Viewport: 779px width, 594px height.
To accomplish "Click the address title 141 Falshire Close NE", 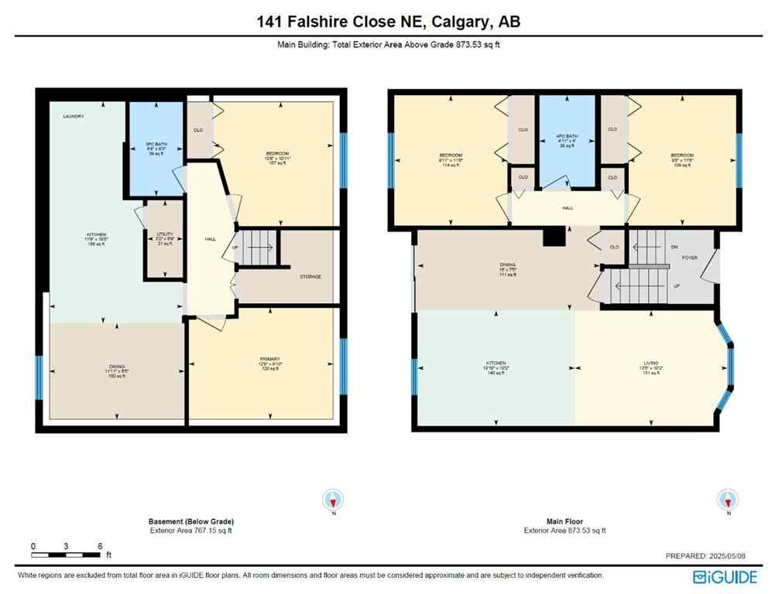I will coord(389,22).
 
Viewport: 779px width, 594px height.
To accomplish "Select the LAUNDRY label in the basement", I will coord(74,116).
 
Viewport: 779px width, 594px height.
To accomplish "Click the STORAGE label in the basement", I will coord(310,276).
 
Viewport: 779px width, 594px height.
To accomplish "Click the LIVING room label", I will coord(650,363).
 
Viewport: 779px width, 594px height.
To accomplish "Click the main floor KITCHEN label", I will coord(496,363).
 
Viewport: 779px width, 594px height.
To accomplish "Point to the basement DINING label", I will coord(116,367).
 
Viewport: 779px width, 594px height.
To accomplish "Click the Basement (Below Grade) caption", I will coord(190,521).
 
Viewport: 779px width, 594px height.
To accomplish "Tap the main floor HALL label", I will coord(568,208).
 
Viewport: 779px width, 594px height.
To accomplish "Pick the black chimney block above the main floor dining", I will coord(552,237).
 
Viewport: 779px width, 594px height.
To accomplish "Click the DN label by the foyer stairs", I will coord(674,247).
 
